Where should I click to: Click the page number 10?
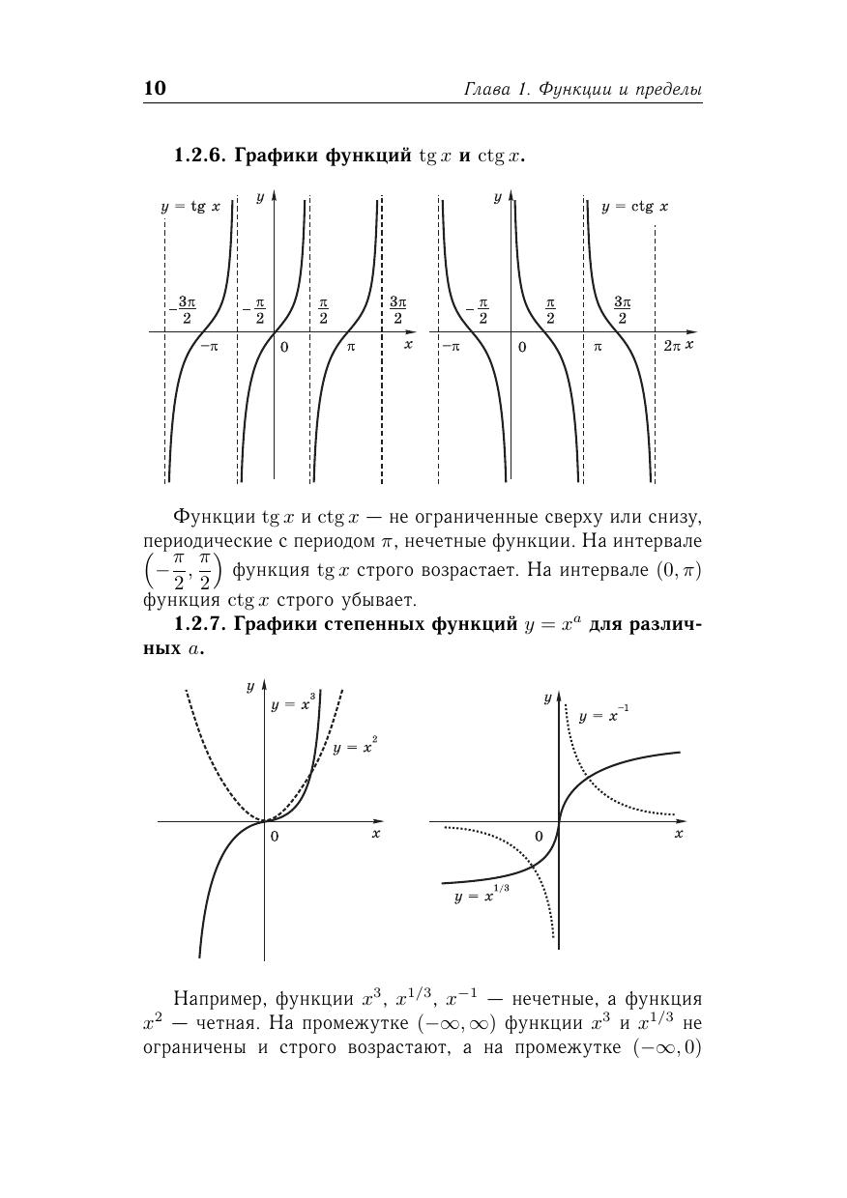155,89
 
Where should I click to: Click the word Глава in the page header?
486,90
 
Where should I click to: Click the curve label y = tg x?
190,207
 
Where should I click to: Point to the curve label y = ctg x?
634,207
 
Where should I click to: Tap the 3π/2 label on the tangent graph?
397,310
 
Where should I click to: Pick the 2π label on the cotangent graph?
673,345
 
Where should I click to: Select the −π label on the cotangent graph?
450,345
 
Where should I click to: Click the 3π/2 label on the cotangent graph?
622,310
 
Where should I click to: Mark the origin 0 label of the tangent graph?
283,346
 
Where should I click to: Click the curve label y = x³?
294,703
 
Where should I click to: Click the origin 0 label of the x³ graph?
275,837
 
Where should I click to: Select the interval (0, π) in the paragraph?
677,570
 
